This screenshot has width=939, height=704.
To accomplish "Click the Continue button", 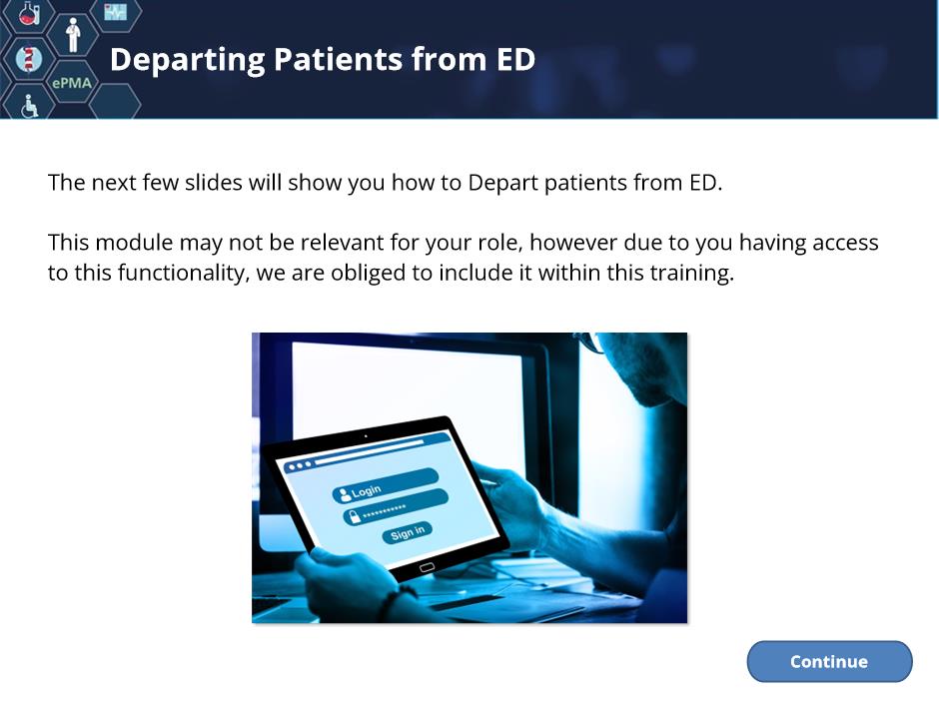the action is click(x=829, y=661).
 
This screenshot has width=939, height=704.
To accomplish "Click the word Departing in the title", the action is click(x=187, y=61).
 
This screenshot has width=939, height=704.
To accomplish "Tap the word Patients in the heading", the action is click(x=338, y=59).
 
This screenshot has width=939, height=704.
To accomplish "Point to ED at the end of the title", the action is click(x=515, y=59).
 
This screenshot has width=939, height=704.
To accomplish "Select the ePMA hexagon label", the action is click(x=72, y=83).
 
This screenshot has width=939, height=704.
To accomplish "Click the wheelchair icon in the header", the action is click(x=29, y=106).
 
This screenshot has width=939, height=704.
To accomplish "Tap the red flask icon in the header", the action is click(x=29, y=13).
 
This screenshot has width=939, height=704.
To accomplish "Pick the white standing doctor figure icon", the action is click(x=73, y=35).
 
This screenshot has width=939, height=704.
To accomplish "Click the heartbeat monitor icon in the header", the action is click(x=115, y=12).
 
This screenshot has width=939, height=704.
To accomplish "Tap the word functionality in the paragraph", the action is click(x=183, y=273).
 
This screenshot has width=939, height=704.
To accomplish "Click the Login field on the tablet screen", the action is click(x=385, y=485).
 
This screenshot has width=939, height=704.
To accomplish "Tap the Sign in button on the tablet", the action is click(x=408, y=532).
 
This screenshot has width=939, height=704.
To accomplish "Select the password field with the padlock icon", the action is click(x=396, y=507).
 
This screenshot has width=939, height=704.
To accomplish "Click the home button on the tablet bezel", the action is click(x=427, y=567).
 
